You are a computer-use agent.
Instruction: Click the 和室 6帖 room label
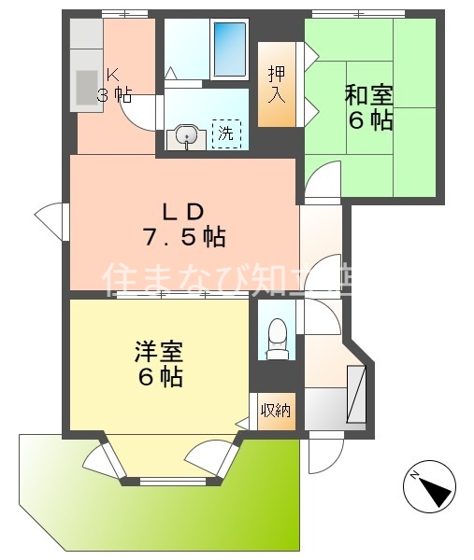(x=368, y=107)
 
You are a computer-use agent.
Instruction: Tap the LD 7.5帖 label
(x=183, y=225)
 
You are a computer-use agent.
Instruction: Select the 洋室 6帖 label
(x=158, y=365)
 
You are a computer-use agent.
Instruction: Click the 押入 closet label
(x=276, y=83)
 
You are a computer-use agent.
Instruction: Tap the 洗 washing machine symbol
(x=225, y=133)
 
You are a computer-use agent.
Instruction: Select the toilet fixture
(x=276, y=338)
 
